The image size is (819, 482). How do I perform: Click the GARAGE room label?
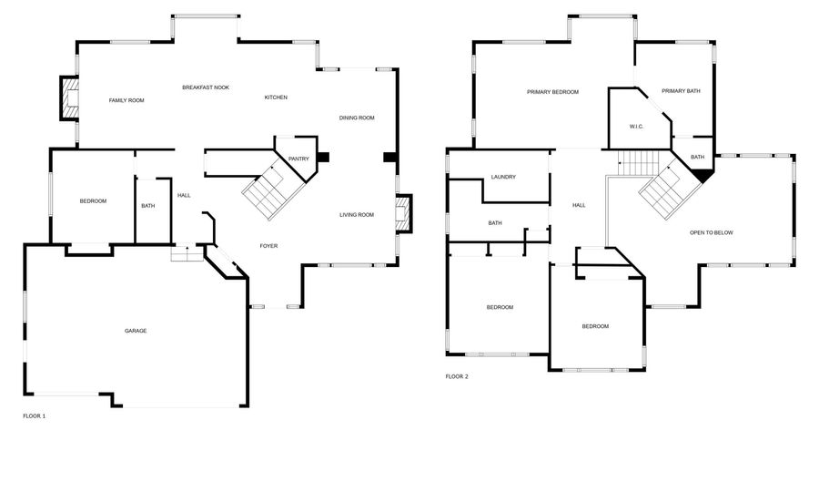(136, 331)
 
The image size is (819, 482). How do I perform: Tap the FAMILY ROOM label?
(126, 100)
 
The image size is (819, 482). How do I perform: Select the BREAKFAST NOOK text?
(206, 87)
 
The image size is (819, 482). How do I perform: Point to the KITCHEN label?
(276, 97)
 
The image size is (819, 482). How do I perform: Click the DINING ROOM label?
(357, 118)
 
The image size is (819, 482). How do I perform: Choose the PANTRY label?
(298, 159)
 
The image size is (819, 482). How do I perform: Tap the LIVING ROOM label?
(357, 215)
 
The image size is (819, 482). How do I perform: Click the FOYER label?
(268, 246)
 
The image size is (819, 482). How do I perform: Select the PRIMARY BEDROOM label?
(552, 92)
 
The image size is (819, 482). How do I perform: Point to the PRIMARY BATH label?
(681, 91)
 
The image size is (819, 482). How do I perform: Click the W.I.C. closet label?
(636, 127)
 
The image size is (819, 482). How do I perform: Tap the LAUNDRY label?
(503, 177)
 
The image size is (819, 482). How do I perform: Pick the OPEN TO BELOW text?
(711, 232)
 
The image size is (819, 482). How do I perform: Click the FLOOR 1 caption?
(34, 415)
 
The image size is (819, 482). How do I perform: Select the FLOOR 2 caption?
(457, 376)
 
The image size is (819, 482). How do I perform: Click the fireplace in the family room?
(69, 98)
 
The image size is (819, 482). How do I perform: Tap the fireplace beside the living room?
(403, 215)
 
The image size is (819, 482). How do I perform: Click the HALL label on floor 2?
(579, 205)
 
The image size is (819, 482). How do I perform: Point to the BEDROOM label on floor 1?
(93, 201)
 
